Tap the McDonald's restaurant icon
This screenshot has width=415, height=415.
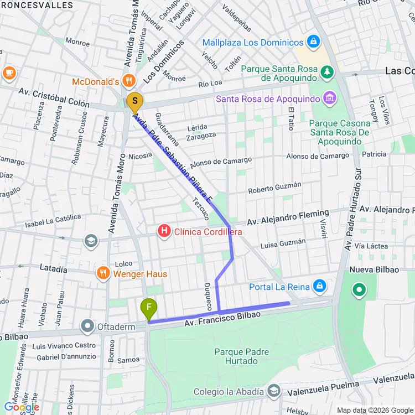pyautogui.click(x=128, y=81)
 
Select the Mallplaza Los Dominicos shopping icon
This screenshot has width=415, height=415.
pyautogui.click(x=314, y=42)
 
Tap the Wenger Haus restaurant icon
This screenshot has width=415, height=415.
pyautogui.click(x=103, y=273)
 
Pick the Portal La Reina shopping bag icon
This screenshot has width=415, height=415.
pyautogui.click(x=319, y=286)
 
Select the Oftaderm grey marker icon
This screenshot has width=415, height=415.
pyautogui.click(x=87, y=326)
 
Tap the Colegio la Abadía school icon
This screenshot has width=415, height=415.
pyautogui.click(x=273, y=392)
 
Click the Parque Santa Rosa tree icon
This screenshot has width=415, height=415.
pyautogui.click(x=328, y=71)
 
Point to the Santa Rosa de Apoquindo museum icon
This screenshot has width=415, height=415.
pyautogui.click(x=330, y=98)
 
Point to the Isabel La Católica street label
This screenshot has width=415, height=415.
pyautogui.click(x=53, y=221)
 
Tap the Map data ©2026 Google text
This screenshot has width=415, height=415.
pyautogui.click(x=373, y=410)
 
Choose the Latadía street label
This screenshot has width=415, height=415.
pyautogui.click(x=53, y=268)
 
